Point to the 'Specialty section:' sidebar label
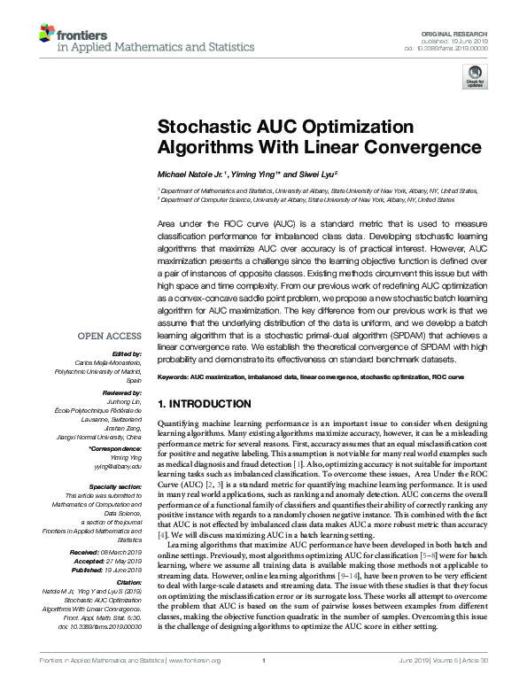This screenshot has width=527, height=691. pyautogui.click(x=113, y=487)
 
